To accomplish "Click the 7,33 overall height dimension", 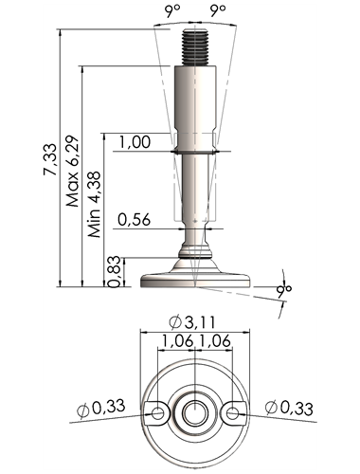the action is click(x=50, y=159).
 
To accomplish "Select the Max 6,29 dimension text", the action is click(x=72, y=171).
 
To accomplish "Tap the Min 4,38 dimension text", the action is click(x=94, y=204).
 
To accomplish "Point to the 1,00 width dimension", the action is click(x=135, y=142).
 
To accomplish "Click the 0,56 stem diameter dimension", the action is click(x=134, y=219).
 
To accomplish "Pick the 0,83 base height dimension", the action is click(x=115, y=271).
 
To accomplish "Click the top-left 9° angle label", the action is click(x=171, y=11).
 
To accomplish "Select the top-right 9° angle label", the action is click(x=218, y=11).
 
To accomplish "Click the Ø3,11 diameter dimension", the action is click(x=192, y=322).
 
